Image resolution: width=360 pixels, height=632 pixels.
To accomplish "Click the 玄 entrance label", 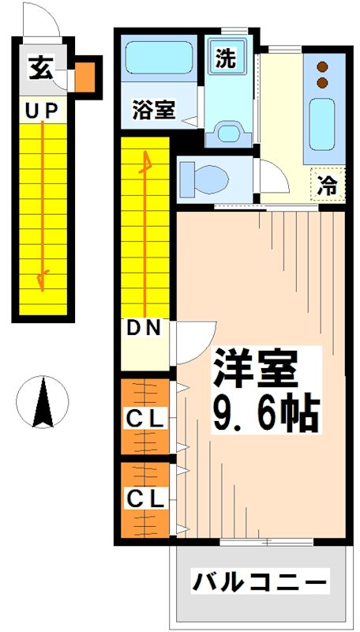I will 40,70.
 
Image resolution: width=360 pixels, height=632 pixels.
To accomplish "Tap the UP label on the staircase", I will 41,111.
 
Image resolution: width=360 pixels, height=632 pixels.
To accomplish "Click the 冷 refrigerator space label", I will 325,187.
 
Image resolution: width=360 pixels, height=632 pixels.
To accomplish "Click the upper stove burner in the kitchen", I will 322,67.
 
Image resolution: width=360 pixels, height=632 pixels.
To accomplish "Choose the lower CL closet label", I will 146,499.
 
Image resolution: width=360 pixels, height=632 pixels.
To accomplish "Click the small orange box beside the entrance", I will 84,76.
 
